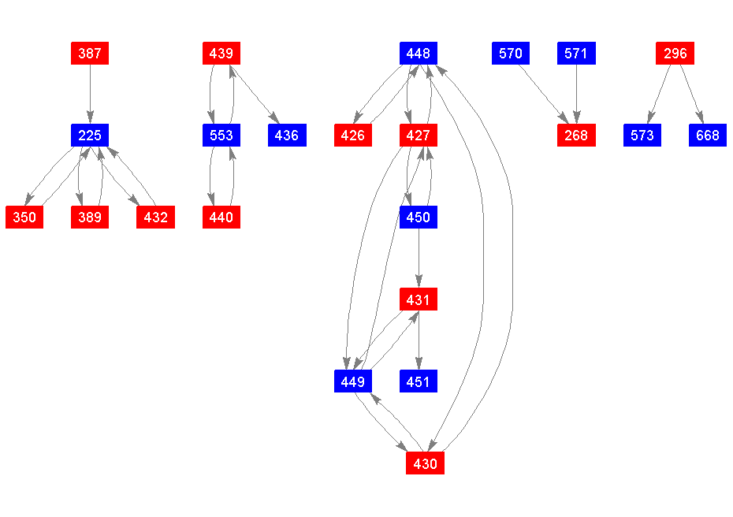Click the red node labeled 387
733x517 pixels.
click(x=90, y=54)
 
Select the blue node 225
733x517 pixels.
click(x=90, y=136)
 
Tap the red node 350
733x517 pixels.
click(x=24, y=218)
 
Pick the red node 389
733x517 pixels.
click(x=90, y=218)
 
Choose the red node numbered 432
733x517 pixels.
click(x=156, y=218)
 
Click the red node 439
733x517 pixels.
click(x=221, y=54)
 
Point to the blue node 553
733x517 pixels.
click(x=221, y=136)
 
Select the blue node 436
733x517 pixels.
click(x=287, y=136)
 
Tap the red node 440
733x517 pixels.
click(x=221, y=218)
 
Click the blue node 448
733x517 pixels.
click(x=418, y=54)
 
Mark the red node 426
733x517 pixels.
click(x=352, y=136)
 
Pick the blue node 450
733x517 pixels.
click(x=418, y=218)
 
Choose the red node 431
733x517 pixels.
click(x=418, y=299)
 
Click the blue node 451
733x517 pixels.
click(x=418, y=381)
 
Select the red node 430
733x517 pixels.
click(x=425, y=463)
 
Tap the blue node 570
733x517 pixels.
click(x=511, y=54)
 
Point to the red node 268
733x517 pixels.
click(x=576, y=136)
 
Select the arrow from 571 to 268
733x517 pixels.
click(x=576, y=93)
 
